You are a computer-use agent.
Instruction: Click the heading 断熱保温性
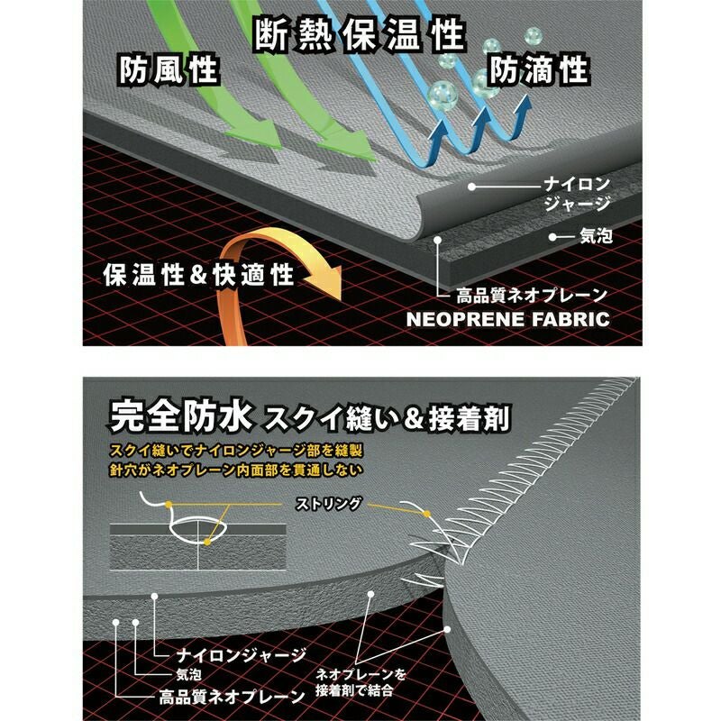pos(360,34)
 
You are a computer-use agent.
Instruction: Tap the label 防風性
pos(169,70)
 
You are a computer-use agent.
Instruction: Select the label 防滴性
pos(538,70)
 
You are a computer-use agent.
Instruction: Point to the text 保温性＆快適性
pos(198,275)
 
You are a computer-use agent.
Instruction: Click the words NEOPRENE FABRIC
pos(508,319)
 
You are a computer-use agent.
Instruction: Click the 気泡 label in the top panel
pos(596,236)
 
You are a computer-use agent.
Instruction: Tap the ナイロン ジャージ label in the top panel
pos(577,194)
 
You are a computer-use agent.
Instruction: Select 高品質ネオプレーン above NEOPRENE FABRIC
pos(532,296)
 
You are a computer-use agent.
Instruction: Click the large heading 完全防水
pos(181,416)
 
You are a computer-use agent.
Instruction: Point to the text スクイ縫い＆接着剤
pos(387,419)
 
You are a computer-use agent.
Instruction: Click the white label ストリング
pos(328,504)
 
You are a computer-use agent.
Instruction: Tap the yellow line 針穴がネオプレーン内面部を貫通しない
pos(236,470)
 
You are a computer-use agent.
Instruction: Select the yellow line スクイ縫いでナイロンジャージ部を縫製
pos(236,450)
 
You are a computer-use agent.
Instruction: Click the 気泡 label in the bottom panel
pos(188,674)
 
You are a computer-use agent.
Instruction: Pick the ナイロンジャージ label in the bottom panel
pos(241,655)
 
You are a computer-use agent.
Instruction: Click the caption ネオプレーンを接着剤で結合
pos(361,682)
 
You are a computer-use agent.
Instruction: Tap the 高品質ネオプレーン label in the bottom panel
pos(232,697)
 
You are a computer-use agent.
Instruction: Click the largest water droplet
pos(442,94)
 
